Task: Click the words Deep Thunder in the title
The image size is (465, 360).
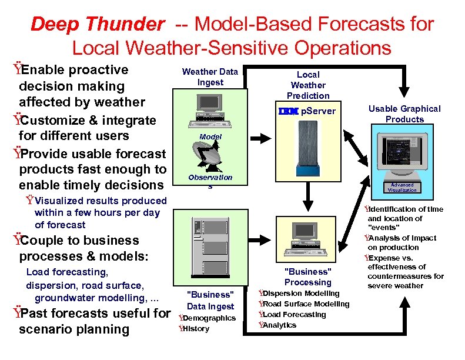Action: click(x=97, y=25)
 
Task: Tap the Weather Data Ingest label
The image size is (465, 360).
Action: click(x=210, y=77)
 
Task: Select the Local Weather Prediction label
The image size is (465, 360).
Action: click(x=308, y=85)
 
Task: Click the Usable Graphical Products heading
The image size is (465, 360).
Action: click(x=404, y=114)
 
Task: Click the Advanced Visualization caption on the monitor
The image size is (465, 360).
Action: click(x=403, y=187)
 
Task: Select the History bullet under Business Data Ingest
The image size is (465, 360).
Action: click(x=196, y=329)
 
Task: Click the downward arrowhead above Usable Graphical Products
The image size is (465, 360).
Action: click(x=404, y=97)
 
